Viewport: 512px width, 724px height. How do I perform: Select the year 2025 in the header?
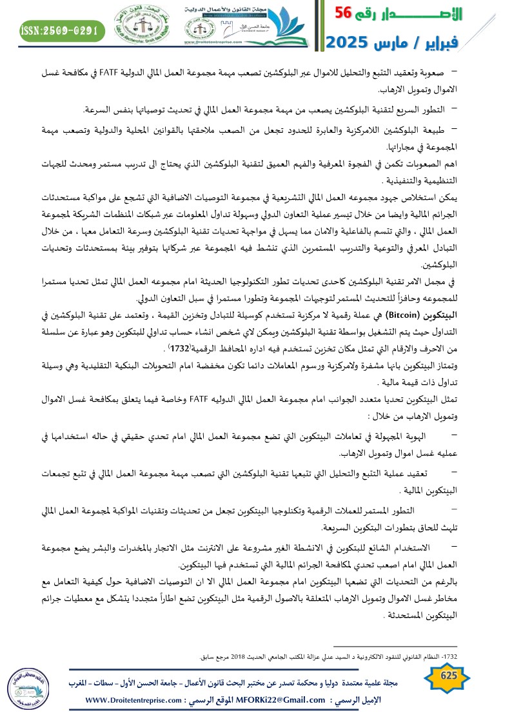click(x=351, y=43)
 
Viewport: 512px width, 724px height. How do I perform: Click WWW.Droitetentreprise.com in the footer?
click(x=131, y=700)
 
